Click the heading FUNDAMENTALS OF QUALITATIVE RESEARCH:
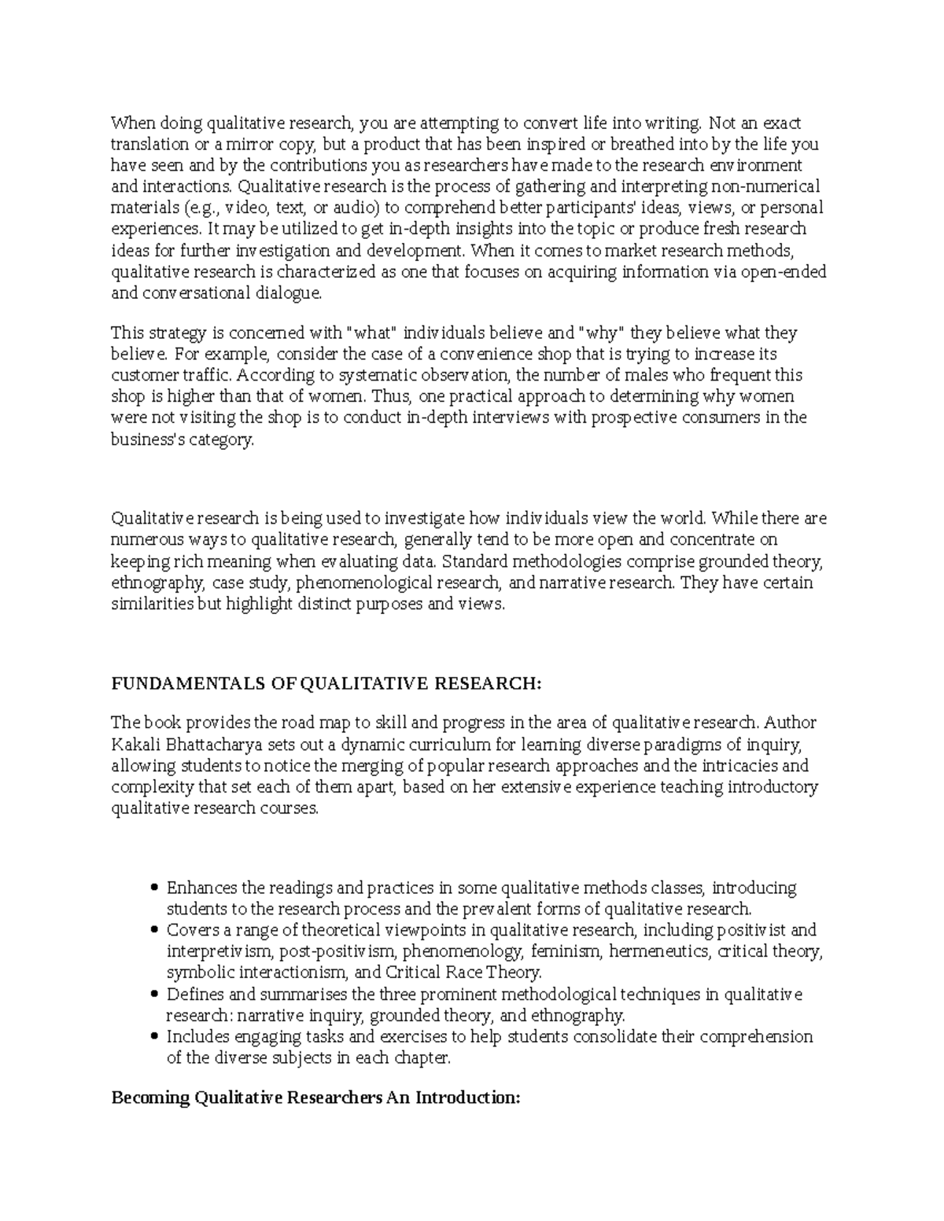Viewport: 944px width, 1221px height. pyautogui.click(x=327, y=684)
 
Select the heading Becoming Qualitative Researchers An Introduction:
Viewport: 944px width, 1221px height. pyautogui.click(x=315, y=1098)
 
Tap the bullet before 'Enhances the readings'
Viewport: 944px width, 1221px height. pyautogui.click(x=154, y=888)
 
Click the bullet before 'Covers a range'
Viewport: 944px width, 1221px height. pyautogui.click(x=154, y=931)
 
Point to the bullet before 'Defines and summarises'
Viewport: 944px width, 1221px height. pyautogui.click(x=154, y=995)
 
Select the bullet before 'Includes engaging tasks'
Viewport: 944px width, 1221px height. pyautogui.click(x=154, y=1037)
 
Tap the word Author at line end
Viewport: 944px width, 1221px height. pyautogui.click(x=791, y=723)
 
